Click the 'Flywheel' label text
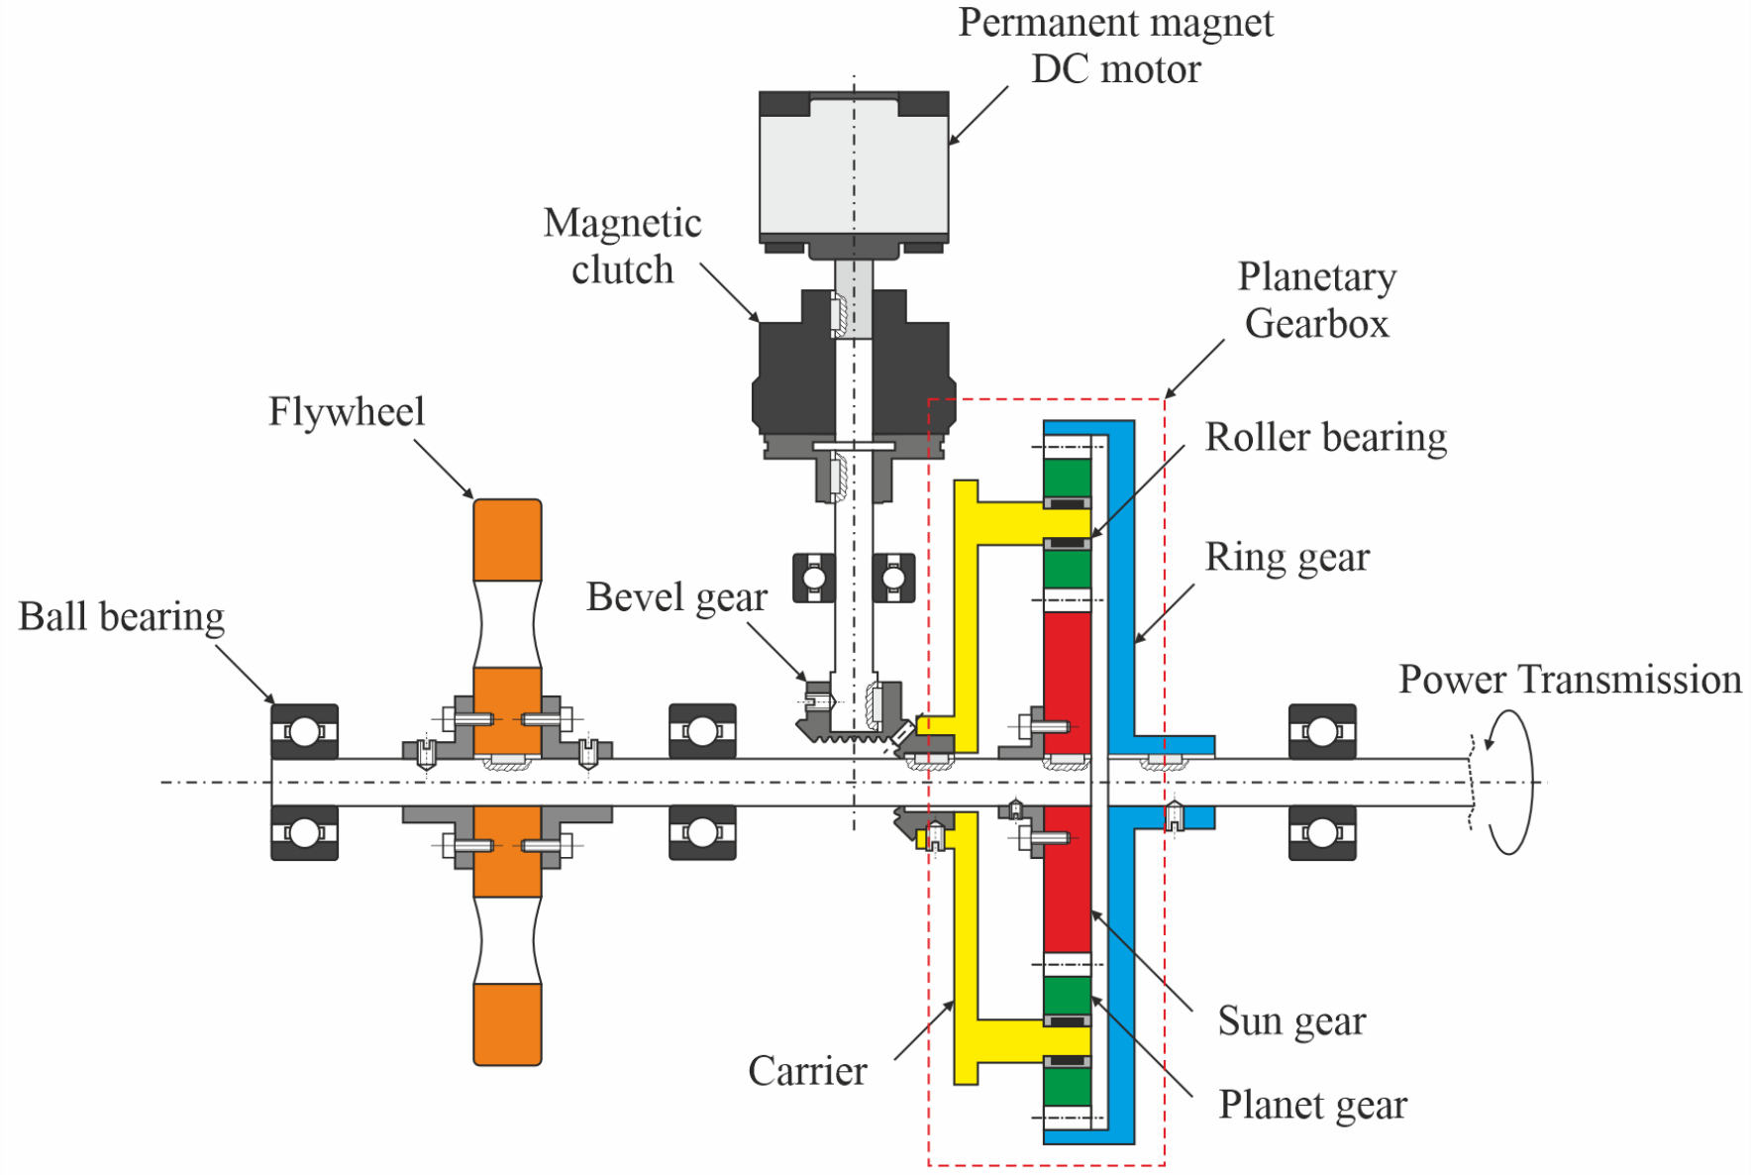click(347, 412)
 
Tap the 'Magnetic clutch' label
click(623, 246)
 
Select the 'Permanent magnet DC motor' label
click(1116, 46)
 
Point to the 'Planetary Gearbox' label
click(1317, 300)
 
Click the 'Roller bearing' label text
click(1326, 437)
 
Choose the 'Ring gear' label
click(1287, 558)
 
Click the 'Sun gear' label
click(1291, 1020)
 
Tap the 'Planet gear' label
click(1312, 1105)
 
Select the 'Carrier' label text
click(807, 1071)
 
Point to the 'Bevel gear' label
click(676, 597)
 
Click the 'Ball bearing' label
click(121, 617)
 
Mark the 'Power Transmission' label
click(1570, 680)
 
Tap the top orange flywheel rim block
click(507, 540)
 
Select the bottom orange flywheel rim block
click(507, 1024)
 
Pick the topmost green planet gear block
click(1068, 479)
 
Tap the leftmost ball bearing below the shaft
click(305, 833)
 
